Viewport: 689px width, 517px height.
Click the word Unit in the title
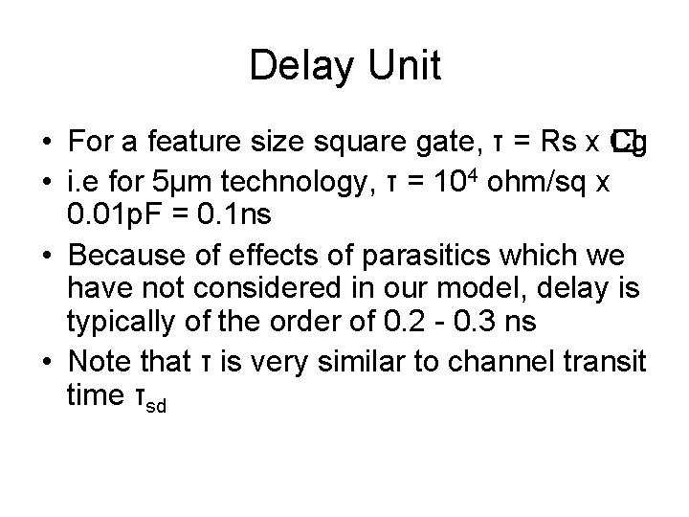click(x=407, y=67)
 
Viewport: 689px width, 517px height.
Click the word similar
click(x=340, y=363)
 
